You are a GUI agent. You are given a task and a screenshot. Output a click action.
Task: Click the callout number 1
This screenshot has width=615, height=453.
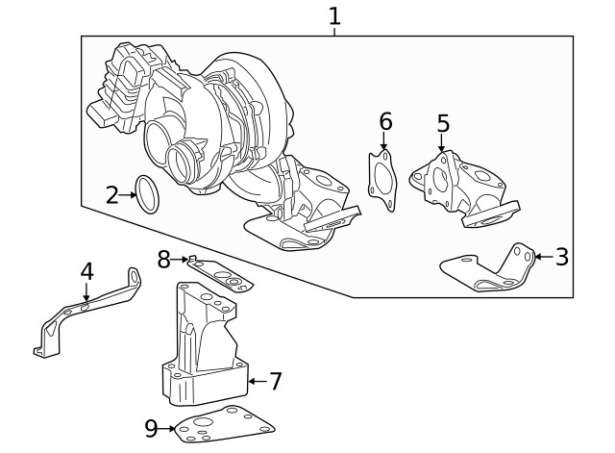334,15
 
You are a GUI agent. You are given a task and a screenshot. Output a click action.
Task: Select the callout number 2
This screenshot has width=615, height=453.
112,195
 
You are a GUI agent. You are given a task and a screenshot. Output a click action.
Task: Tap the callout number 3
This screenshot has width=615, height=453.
561,257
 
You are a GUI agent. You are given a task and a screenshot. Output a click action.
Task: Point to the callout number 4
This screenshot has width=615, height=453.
86,271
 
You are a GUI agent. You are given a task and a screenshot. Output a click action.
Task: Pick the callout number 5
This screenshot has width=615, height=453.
442,124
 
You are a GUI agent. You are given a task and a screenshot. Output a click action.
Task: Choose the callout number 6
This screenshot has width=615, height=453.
385,121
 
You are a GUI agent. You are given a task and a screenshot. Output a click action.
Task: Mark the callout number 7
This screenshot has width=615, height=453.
275,382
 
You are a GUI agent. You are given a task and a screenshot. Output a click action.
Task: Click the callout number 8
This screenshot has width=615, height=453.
163,258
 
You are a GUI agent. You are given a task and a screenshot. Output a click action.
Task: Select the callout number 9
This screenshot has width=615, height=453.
151,429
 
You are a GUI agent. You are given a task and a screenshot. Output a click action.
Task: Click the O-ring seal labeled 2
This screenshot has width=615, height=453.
147,193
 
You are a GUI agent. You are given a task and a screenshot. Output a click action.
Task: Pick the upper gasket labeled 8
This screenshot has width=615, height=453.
221,275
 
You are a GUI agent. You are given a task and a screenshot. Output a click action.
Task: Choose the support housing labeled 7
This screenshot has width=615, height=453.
204,346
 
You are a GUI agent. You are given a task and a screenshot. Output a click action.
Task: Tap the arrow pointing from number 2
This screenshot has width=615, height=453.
128,195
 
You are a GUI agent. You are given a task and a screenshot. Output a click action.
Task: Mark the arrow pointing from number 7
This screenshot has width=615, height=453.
256,382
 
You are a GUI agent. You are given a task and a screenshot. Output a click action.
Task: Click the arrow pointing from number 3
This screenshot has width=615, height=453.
542,257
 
